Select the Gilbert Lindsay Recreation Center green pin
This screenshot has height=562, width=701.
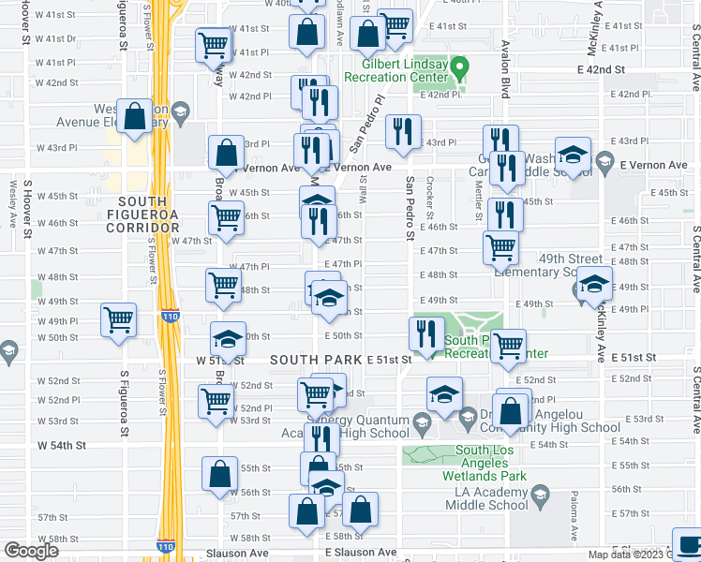pyautogui.click(x=460, y=67)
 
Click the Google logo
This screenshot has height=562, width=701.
pyautogui.click(x=31, y=552)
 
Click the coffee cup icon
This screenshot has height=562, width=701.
pyautogui.click(x=688, y=544)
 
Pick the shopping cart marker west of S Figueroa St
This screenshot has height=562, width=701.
pyautogui.click(x=119, y=320)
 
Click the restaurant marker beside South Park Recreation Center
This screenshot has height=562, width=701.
pyautogui.click(x=426, y=334)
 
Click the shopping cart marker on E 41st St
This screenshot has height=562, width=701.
pyautogui.click(x=397, y=26)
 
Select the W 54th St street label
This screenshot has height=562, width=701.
pyautogui.click(x=61, y=445)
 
